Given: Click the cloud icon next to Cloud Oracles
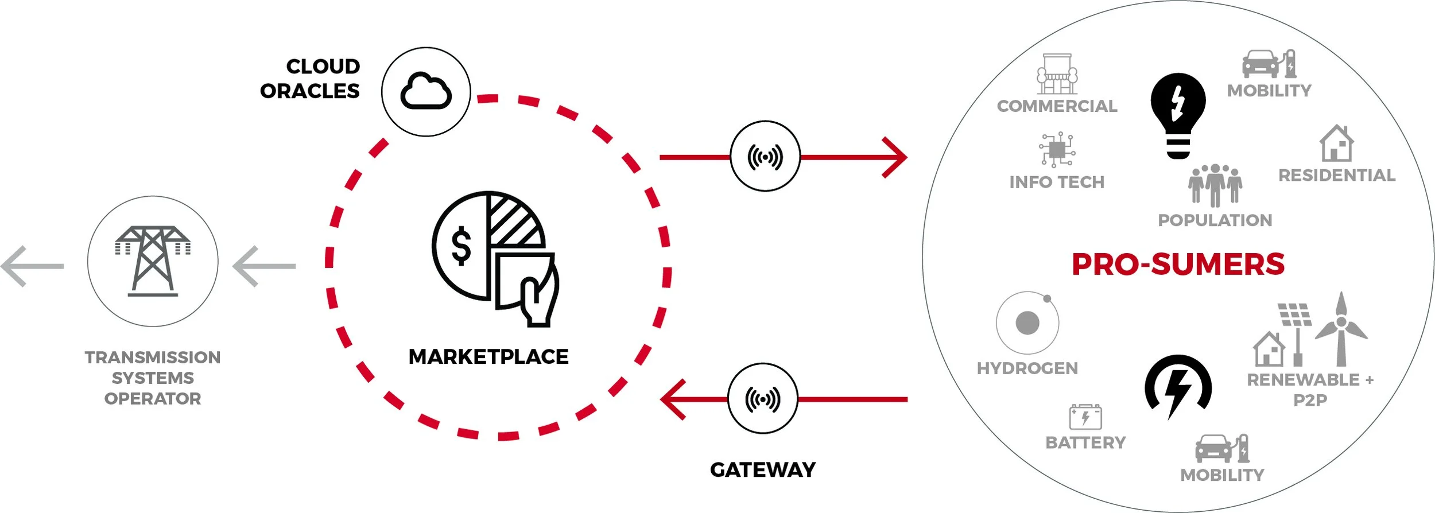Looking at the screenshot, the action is [x=426, y=91].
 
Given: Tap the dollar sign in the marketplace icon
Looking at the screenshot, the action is [x=461, y=246].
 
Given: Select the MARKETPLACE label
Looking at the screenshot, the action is [x=488, y=356].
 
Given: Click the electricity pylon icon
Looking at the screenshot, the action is [x=153, y=261].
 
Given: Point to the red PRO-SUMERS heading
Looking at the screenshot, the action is [x=1178, y=265].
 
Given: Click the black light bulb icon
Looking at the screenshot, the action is [x=1178, y=115].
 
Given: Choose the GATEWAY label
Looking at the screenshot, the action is [x=762, y=470].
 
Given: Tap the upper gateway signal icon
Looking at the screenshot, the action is [x=765, y=156].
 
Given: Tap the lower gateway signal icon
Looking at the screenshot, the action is [x=762, y=399].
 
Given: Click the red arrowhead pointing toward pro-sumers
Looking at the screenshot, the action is [x=897, y=157].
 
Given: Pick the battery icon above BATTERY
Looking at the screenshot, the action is [x=1085, y=417].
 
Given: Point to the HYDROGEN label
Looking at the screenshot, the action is [x=1027, y=368].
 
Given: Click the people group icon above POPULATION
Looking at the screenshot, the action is [x=1215, y=185].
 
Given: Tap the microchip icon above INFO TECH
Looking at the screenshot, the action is [x=1057, y=150].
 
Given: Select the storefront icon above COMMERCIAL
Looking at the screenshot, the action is [x=1057, y=74].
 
